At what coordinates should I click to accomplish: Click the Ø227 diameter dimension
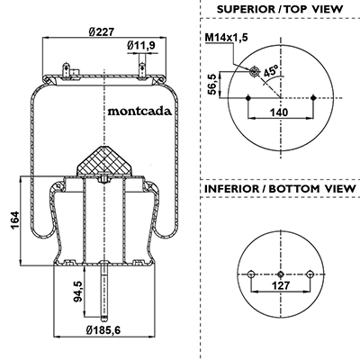[x=102, y=31]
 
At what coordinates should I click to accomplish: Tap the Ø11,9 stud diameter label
[x=140, y=46]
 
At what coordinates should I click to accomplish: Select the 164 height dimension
[x=14, y=220]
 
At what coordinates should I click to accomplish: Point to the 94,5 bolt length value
[x=78, y=292]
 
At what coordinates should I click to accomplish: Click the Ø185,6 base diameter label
[x=103, y=330]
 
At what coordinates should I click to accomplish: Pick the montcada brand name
[x=139, y=112]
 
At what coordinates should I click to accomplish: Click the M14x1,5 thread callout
[x=227, y=38]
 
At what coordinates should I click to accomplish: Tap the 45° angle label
[x=271, y=71]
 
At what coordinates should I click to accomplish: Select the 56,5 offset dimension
[x=212, y=85]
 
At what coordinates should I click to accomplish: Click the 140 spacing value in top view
[x=279, y=112]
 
